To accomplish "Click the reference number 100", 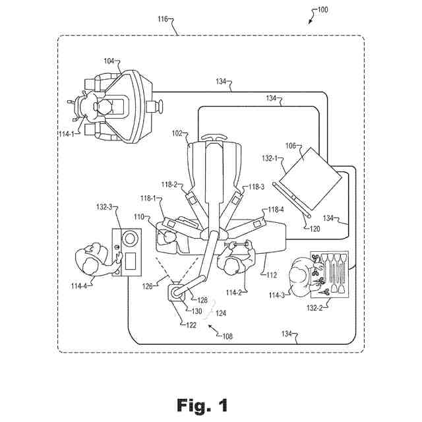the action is [x=322, y=10].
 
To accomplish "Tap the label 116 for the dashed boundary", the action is [x=163, y=19].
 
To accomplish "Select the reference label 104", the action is [x=109, y=61].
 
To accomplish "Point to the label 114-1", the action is [x=67, y=133].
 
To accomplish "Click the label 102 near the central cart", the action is [x=177, y=133].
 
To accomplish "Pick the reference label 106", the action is [x=290, y=146].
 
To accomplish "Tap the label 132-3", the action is [x=104, y=207].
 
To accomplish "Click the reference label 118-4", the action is [x=276, y=210].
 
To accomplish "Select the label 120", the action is [x=315, y=229].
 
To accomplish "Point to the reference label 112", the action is [x=272, y=275].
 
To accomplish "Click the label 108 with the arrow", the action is [x=227, y=336].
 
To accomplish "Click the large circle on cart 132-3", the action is [x=129, y=239].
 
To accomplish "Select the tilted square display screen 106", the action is [x=311, y=179].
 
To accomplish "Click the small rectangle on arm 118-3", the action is [x=236, y=199].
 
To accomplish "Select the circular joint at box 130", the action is [x=176, y=293].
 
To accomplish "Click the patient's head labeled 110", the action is [x=168, y=237].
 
